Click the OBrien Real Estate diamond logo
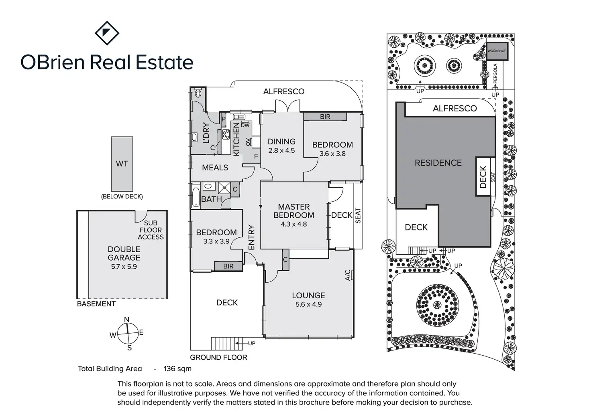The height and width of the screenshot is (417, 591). [107, 33]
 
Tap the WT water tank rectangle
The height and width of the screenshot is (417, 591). [122, 164]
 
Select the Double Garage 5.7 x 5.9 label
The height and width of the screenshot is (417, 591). [124, 258]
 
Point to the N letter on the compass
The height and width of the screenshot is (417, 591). [126, 320]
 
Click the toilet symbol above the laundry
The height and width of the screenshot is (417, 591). [198, 93]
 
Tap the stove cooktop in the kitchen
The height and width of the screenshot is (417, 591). [226, 134]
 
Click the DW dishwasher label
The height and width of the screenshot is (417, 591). [245, 125]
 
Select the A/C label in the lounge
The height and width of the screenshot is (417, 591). [348, 275]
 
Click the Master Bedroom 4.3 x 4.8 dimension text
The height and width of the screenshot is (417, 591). [293, 224]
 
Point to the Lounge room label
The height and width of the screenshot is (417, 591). [308, 295]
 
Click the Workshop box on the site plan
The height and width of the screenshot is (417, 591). [497, 51]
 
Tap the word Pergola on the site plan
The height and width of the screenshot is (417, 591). [495, 73]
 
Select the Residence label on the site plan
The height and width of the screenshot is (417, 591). [438, 163]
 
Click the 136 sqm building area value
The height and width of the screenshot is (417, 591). [177, 368]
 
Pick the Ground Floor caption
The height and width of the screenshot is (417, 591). [219, 358]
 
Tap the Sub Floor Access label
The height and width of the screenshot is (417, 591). [151, 230]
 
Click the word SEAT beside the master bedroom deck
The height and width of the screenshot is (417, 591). [358, 216]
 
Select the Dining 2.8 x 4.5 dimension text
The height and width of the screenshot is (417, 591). [281, 151]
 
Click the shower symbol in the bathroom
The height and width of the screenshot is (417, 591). [224, 188]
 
